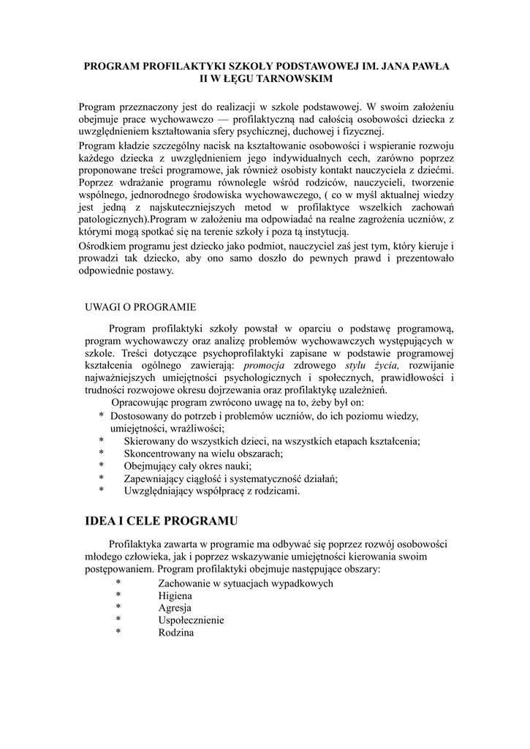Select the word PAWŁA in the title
click(430, 66)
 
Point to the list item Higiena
click(175, 595)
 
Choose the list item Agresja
click(175, 608)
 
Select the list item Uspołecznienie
click(191, 620)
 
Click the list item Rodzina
click(176, 632)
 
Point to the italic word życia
click(386, 365)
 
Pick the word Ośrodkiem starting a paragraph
click(105, 246)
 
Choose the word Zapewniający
click(154, 478)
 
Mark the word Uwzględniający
click(158, 491)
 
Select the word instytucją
click(316, 230)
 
